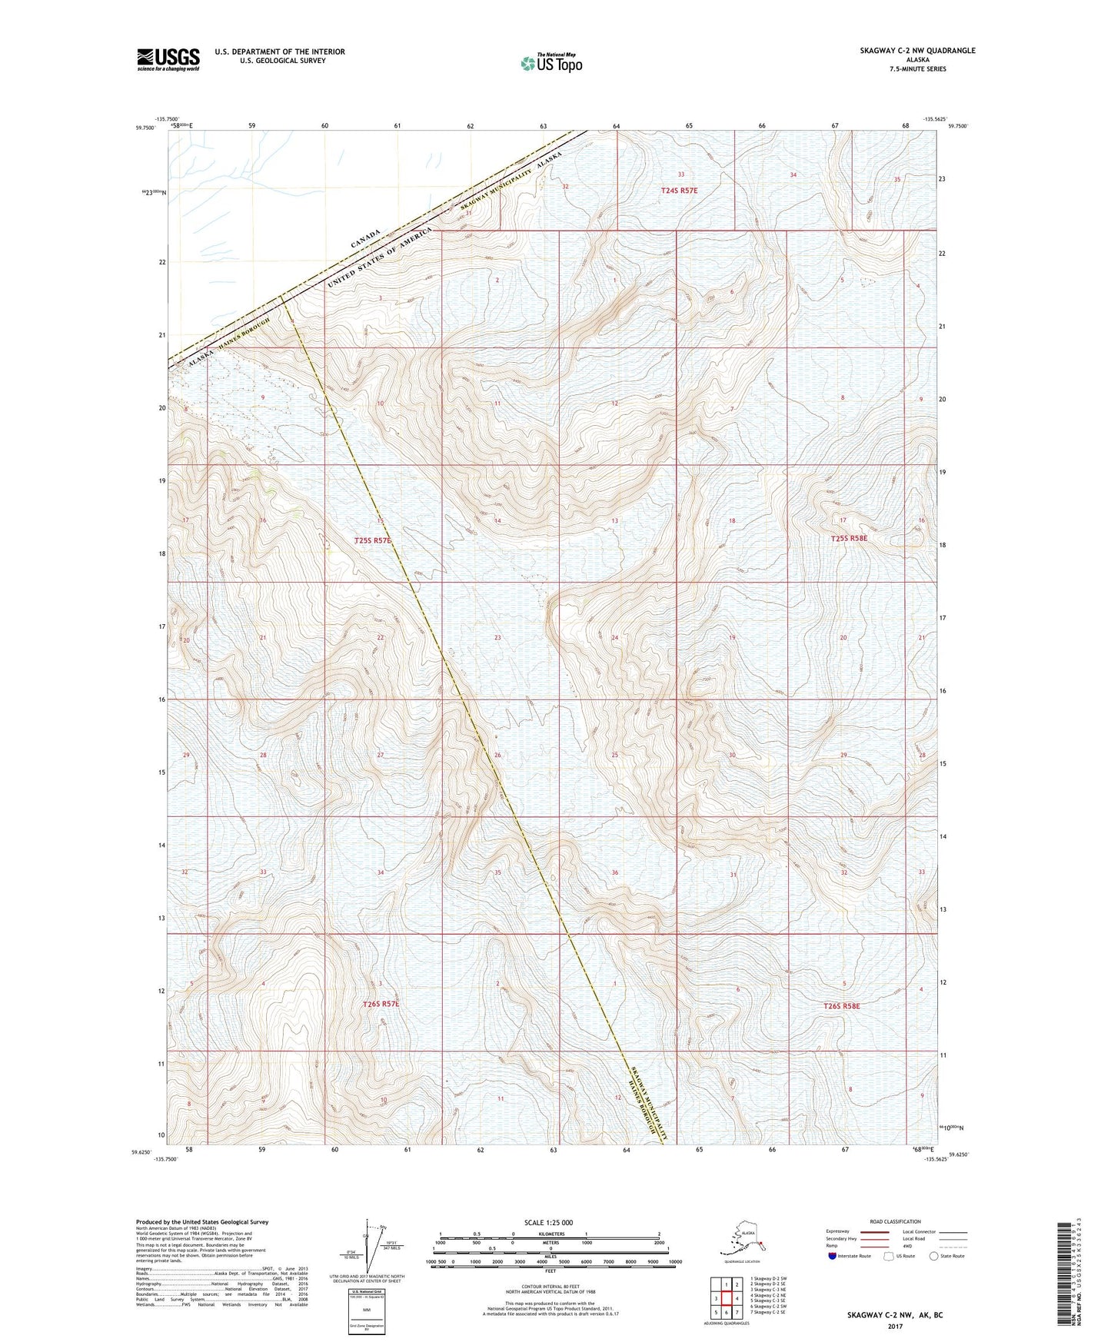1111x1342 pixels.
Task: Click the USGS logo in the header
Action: (168, 59)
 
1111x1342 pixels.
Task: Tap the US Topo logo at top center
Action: (551, 63)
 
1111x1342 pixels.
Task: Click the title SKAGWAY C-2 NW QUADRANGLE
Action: (917, 51)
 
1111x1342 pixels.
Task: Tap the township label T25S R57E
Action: (373, 540)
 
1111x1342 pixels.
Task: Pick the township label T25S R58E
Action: (848, 539)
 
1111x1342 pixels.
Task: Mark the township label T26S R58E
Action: (841, 1005)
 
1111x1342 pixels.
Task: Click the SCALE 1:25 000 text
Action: (548, 1222)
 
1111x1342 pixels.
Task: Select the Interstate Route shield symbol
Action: (833, 1256)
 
